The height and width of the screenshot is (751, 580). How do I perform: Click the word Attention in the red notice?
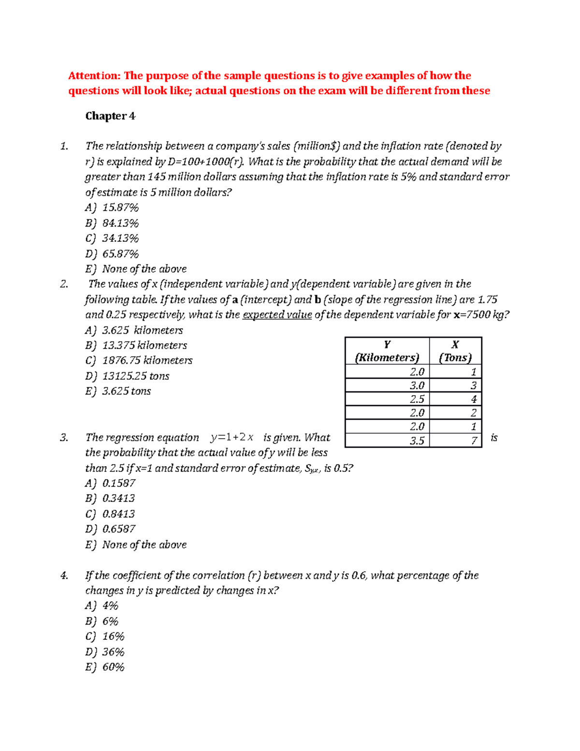tap(94, 75)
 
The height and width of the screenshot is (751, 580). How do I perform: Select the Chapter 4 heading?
tap(110, 116)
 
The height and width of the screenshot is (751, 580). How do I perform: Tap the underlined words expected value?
tap(277, 315)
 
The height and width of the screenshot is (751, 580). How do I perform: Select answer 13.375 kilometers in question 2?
tap(145, 345)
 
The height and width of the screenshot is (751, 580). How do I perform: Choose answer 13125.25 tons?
tap(135, 376)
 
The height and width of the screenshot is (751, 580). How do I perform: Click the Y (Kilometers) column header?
tap(387, 351)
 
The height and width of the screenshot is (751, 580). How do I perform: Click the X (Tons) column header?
tap(455, 351)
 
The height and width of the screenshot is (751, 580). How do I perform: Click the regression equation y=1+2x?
tap(232, 438)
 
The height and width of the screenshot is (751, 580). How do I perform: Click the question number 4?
tap(64, 575)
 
